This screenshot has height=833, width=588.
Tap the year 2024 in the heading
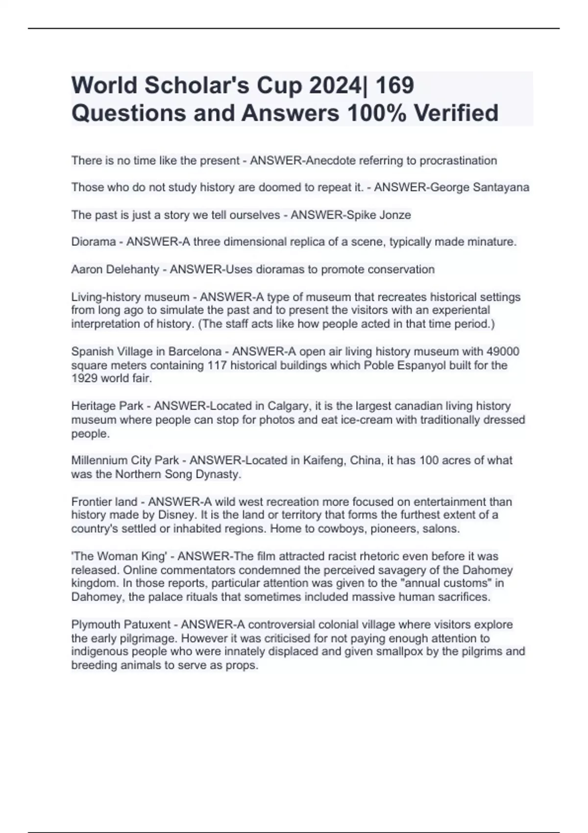tap(333, 85)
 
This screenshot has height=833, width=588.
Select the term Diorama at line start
tap(94, 242)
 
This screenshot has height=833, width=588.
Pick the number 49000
tap(503, 351)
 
